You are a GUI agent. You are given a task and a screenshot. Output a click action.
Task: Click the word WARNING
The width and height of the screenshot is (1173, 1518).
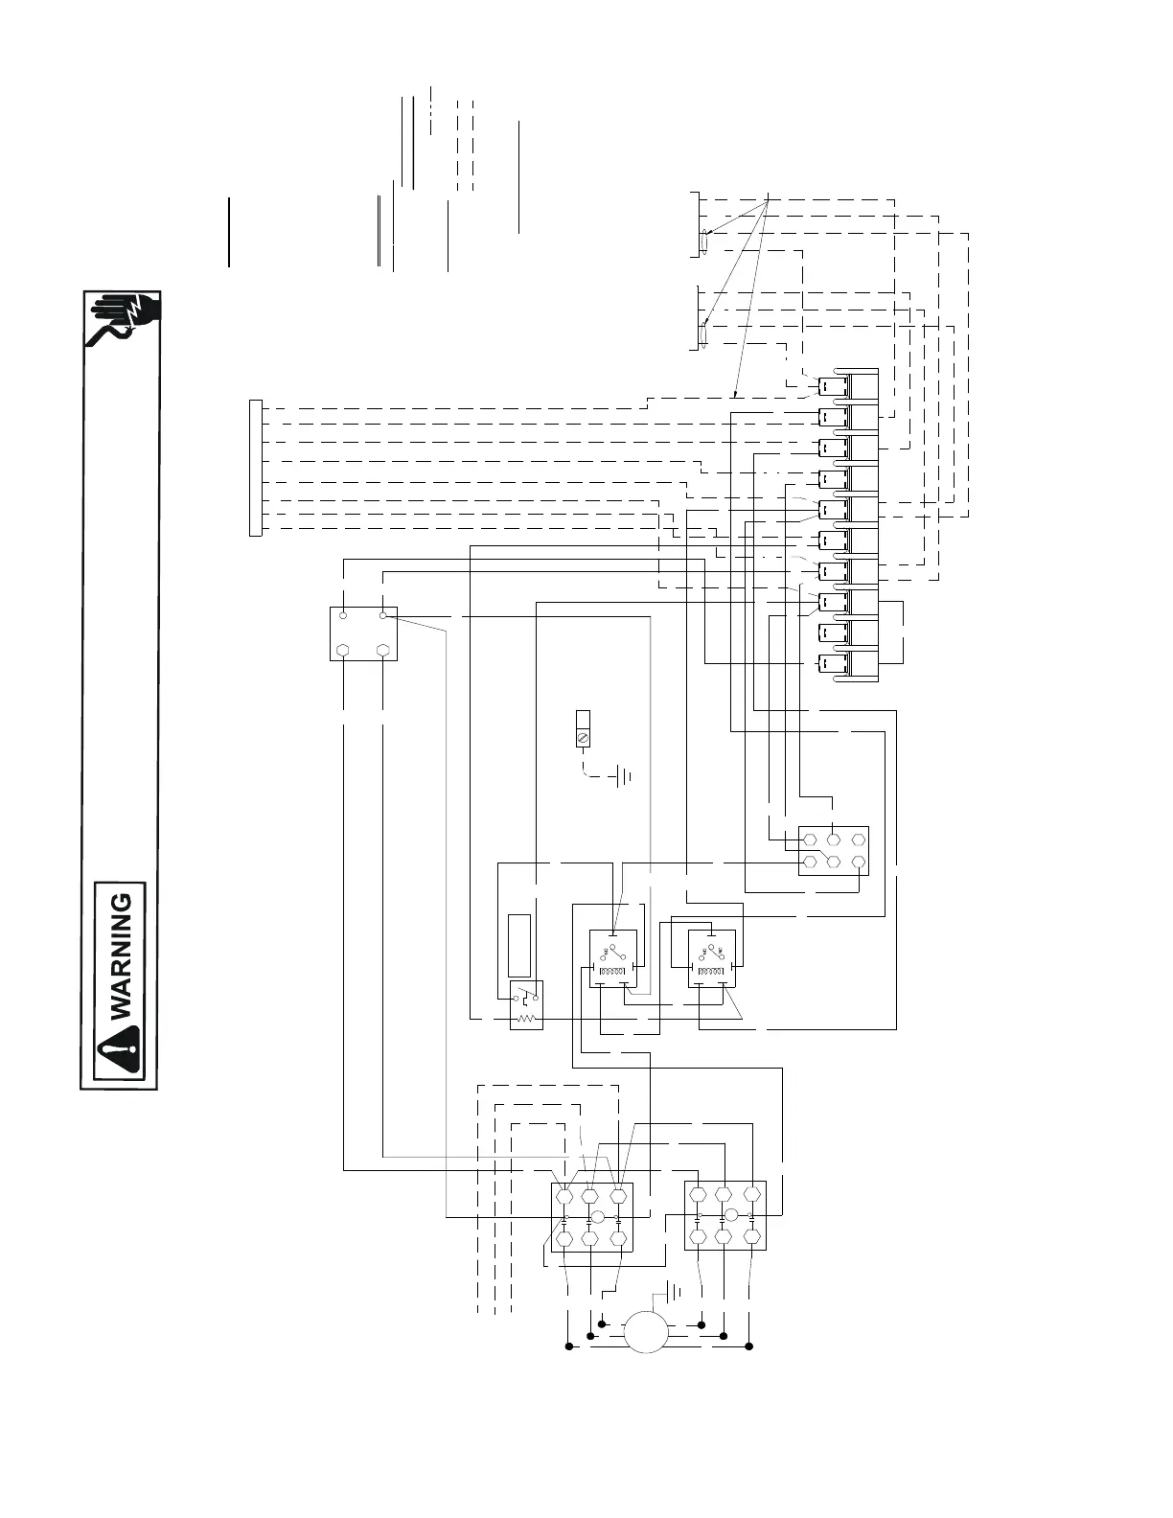tap(122, 957)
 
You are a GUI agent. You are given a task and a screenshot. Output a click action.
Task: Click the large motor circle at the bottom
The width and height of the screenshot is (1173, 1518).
tap(646, 1332)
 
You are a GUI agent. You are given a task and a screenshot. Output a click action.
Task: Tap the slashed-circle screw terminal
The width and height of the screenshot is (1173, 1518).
tap(581, 737)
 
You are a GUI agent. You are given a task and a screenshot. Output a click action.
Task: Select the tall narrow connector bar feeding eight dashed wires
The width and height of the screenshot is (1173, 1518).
tap(254, 468)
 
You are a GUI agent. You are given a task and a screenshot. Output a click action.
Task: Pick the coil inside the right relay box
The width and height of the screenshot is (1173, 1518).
tap(710, 974)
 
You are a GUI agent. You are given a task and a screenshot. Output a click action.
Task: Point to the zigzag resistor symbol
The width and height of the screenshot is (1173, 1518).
tap(524, 1018)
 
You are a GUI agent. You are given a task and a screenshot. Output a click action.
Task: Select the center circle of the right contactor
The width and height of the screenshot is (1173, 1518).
tap(730, 1215)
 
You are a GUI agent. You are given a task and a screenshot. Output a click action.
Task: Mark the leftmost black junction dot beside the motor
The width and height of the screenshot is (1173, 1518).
tap(568, 1347)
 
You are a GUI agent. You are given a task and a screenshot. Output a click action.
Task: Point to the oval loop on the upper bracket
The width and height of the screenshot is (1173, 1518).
tap(704, 241)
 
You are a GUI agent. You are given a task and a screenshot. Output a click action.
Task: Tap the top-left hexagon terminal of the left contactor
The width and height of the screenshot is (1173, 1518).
tap(564, 1196)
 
